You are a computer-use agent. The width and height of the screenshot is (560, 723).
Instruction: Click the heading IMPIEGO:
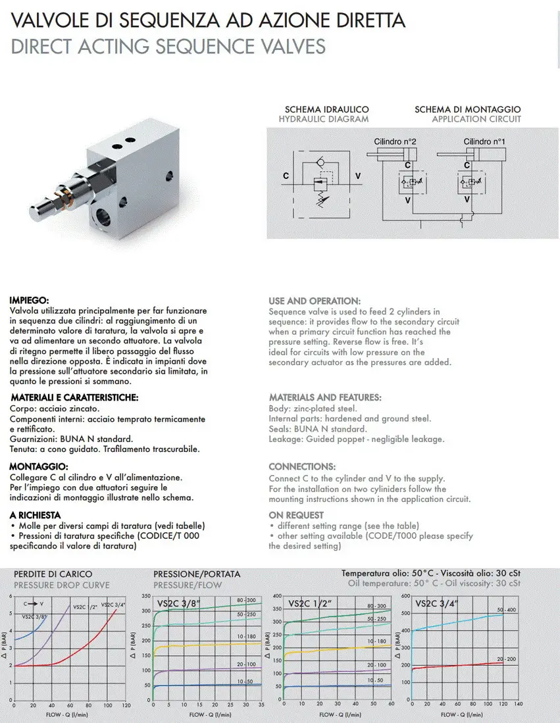click(x=30, y=301)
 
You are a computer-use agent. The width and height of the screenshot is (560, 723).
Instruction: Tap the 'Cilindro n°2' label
click(x=395, y=141)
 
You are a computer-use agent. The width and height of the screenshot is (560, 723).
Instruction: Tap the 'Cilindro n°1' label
click(x=484, y=141)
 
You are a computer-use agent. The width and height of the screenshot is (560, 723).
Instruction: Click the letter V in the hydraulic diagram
click(x=357, y=176)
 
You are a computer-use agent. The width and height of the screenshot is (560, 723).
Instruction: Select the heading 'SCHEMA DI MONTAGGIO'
click(x=467, y=109)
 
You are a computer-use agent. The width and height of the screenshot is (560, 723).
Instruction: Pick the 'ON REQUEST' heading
click(x=296, y=515)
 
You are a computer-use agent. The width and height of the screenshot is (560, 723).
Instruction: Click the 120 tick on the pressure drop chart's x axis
click(x=126, y=705)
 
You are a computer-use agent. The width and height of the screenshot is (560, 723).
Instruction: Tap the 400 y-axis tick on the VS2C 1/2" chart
click(x=276, y=596)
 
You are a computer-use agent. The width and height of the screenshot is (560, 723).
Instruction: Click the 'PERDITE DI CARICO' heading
click(x=53, y=574)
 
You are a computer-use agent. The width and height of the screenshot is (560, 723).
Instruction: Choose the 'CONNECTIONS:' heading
click(x=302, y=466)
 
